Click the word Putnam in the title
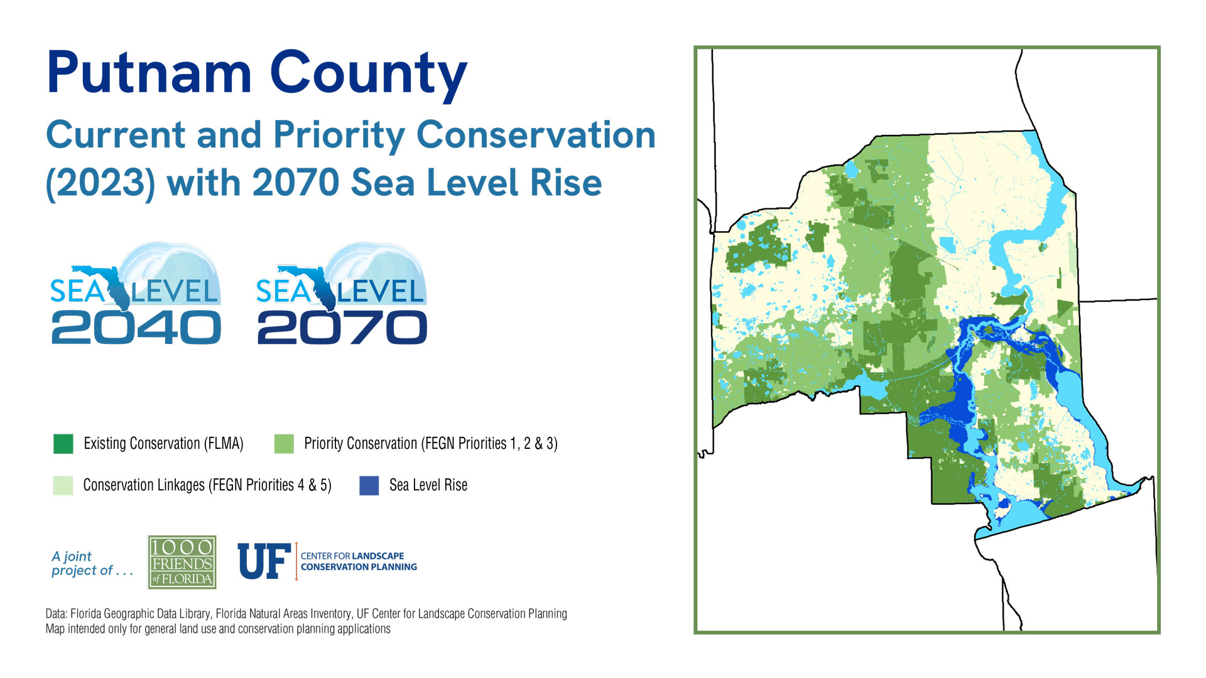[149, 73]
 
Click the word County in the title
[369, 73]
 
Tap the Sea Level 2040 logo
[136, 294]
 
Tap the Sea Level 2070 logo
[342, 294]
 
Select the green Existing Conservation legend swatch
[63, 444]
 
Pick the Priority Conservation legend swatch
[284, 444]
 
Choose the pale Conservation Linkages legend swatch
[63, 485]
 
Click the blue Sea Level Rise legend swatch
[369, 485]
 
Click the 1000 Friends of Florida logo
[182, 562]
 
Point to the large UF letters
[264, 561]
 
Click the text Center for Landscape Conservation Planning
[359, 561]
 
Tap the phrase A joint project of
[92, 563]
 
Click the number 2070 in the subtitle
[295, 183]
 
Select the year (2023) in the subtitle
[100, 184]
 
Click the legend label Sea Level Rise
[428, 485]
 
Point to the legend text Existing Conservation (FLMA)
[163, 444]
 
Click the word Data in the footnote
[56, 614]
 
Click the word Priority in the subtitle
[339, 136]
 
